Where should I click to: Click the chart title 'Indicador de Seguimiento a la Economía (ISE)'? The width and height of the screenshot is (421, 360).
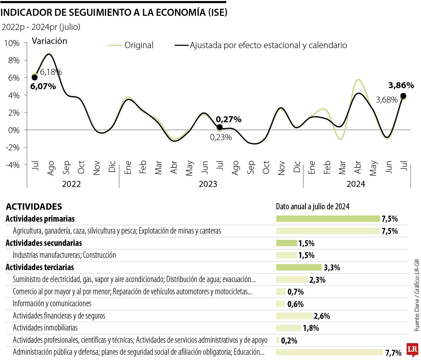(114, 12)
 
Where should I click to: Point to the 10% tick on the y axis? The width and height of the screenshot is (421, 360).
(12, 43)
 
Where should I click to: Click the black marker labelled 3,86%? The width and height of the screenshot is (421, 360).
(403, 96)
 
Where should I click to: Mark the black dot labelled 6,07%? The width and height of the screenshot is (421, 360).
(34, 78)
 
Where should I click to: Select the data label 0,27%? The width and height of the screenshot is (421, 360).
(228, 119)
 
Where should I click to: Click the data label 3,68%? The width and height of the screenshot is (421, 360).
(387, 100)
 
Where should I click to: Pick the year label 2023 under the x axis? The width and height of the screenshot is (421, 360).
(208, 184)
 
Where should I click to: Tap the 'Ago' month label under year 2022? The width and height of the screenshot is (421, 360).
(51, 168)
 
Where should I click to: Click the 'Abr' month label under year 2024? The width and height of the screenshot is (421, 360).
(358, 168)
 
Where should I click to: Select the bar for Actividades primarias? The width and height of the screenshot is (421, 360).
(328, 219)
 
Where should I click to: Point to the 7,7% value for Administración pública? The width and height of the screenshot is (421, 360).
(393, 352)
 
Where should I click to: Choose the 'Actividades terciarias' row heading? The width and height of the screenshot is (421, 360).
(40, 267)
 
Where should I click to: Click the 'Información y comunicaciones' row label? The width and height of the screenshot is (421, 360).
(52, 303)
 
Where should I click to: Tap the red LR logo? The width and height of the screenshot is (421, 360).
(412, 349)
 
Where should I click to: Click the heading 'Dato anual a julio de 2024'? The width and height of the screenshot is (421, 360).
(313, 207)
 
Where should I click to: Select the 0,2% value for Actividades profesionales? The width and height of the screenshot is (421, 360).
(289, 340)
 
